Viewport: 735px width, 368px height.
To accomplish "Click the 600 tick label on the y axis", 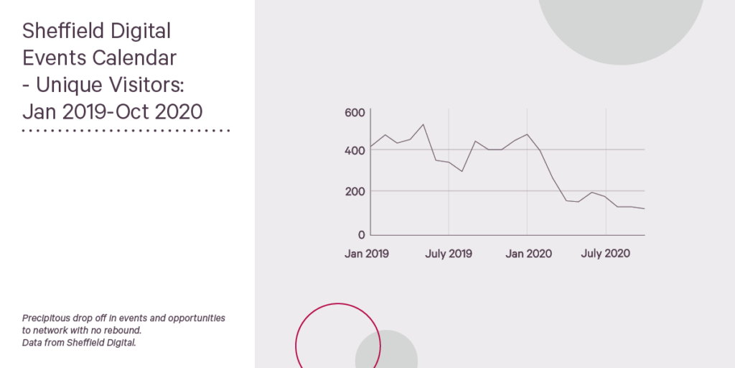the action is click(355, 113).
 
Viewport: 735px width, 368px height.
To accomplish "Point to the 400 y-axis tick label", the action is click(355, 151).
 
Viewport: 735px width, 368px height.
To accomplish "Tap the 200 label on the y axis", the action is click(355, 191).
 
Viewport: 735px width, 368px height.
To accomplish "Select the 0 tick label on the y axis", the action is click(361, 234).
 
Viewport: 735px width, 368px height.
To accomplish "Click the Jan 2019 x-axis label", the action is click(367, 254).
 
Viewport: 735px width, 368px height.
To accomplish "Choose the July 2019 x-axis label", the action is click(449, 254).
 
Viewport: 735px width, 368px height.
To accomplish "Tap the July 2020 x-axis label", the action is click(605, 254).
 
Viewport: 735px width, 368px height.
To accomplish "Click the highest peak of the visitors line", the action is click(423, 124).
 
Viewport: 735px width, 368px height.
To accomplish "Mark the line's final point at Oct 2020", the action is click(645, 208).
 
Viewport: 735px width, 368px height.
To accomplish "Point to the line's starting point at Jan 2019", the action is click(371, 147).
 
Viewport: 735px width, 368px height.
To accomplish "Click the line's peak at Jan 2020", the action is click(528, 134).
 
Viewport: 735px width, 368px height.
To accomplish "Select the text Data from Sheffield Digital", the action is click(79, 343).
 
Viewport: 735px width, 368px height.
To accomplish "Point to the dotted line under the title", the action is click(126, 131).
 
